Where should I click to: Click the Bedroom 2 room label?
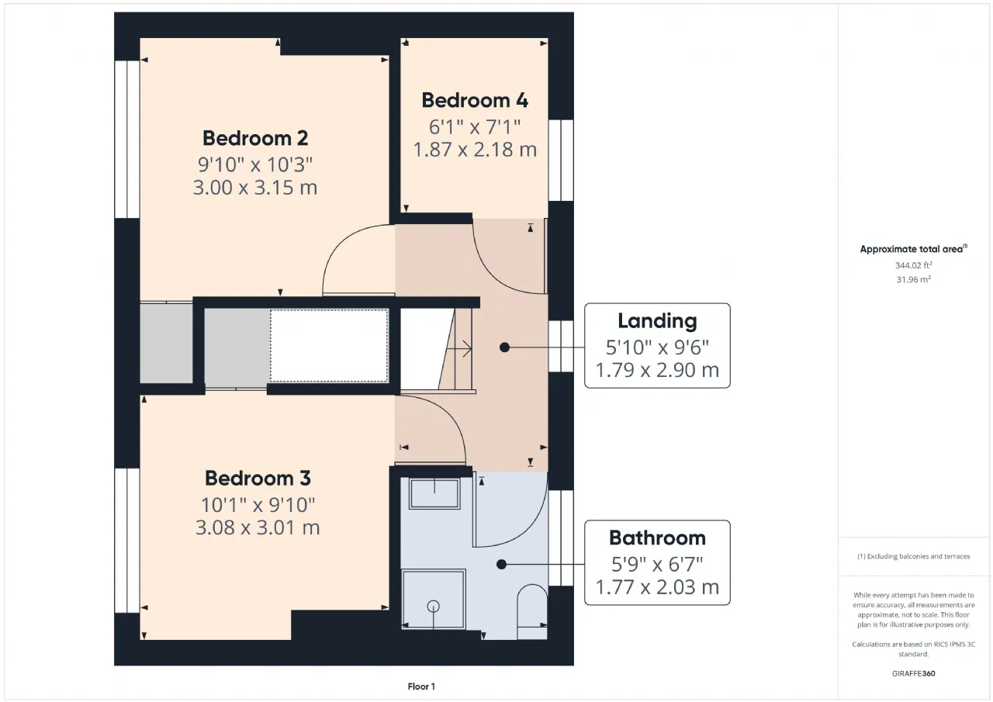255,138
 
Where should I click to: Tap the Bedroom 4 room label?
474,100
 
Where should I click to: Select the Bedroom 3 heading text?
258,478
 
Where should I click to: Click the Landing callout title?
657,321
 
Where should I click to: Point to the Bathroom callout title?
657,538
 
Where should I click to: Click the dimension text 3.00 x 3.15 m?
255,188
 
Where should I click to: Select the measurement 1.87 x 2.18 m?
474,150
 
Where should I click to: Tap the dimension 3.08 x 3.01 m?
258,527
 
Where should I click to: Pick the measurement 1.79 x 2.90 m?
657,370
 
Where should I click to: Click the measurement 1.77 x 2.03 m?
657,587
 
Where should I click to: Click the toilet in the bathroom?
532,611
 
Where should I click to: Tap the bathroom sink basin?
434,493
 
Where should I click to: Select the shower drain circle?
433,606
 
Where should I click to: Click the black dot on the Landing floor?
504,348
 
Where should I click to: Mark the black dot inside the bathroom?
501,564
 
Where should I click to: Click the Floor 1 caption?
421,686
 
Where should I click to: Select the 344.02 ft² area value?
913,265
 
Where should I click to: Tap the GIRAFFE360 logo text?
913,673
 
